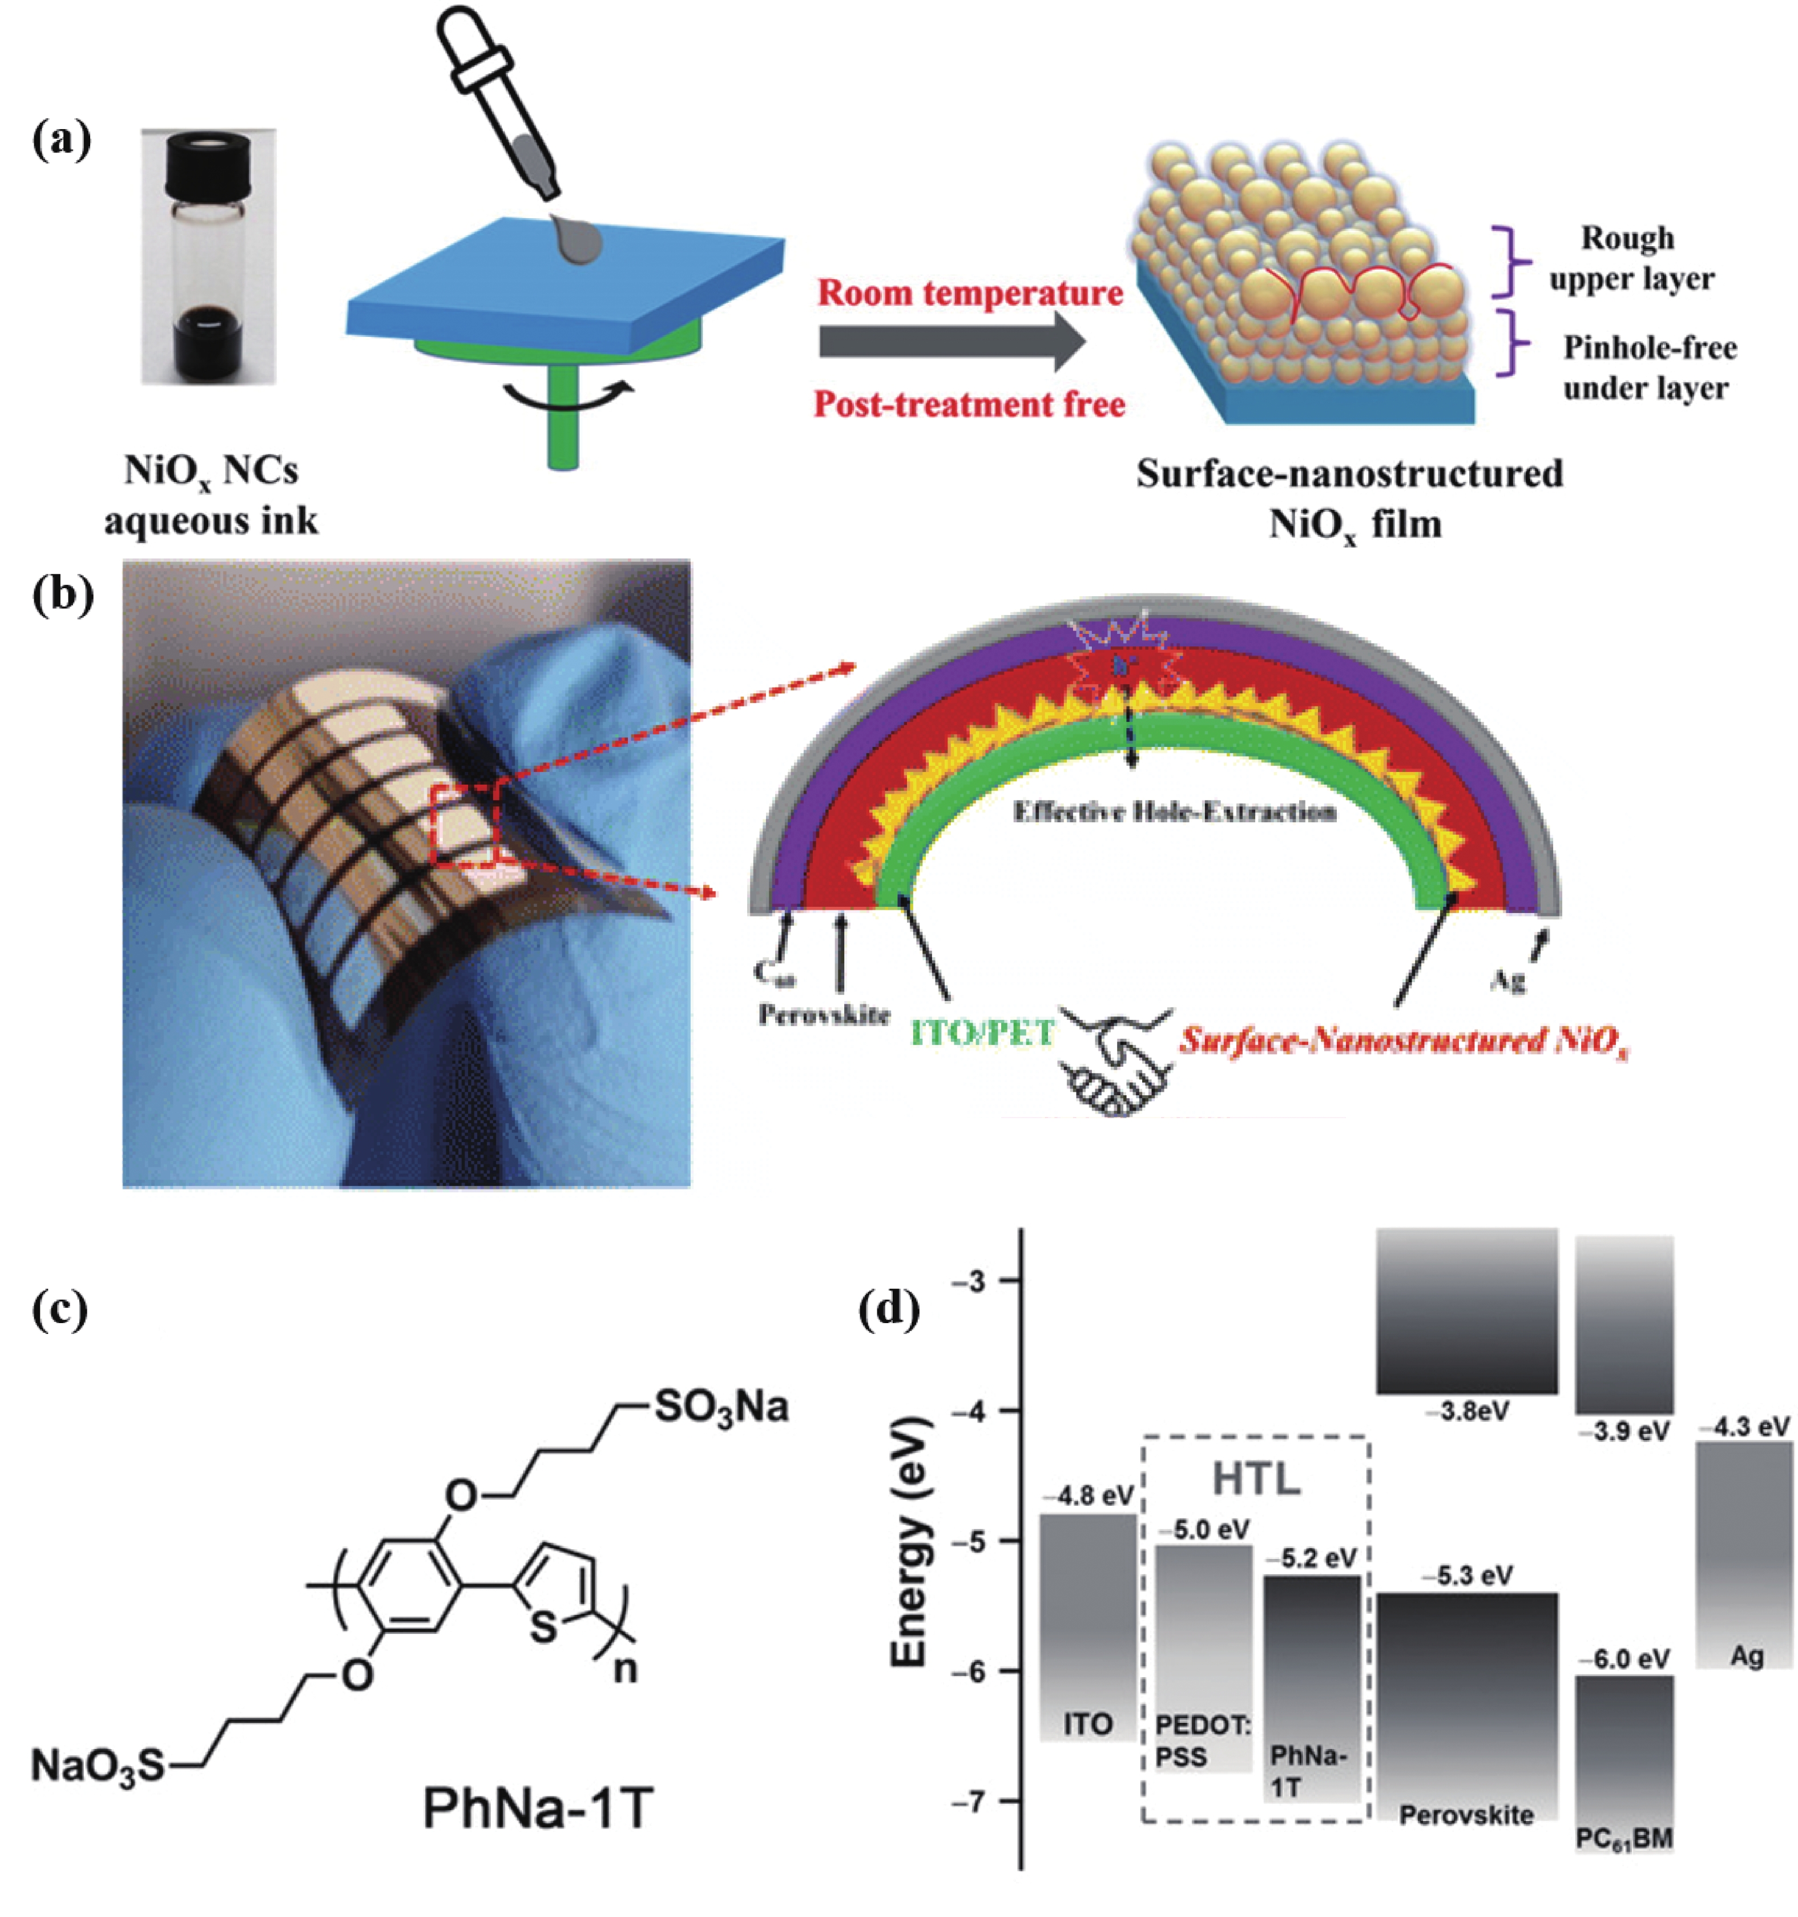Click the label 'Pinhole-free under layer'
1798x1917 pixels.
coord(1648,367)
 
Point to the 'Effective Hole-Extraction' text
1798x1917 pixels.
coord(1174,812)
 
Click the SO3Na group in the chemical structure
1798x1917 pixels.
coord(721,1407)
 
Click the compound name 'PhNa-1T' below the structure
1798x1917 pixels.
coord(538,1808)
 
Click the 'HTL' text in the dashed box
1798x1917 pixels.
coord(1255,1477)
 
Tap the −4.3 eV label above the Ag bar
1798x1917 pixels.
coord(1743,1425)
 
